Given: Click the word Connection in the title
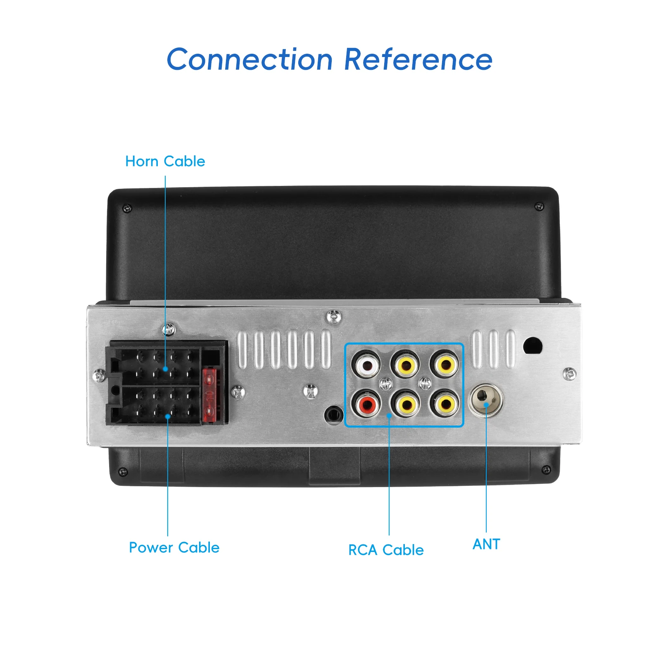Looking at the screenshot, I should tap(250, 59).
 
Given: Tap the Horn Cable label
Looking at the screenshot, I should tap(165, 161).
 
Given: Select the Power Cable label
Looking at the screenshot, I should tap(174, 547).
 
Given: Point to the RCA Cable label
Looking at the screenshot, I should tap(386, 550).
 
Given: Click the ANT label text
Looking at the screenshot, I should tap(486, 544).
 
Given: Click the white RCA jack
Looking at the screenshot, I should tap(366, 364).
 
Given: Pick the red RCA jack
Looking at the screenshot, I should tap(366, 404).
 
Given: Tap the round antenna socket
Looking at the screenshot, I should tap(485, 399).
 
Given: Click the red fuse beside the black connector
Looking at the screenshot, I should tap(209, 395).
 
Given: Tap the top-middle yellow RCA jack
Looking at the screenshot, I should tap(405, 364).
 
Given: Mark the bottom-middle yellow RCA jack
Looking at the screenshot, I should tap(405, 404).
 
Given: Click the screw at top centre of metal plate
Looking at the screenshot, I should tap(333, 317).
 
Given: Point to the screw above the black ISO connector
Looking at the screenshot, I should tap(168, 330).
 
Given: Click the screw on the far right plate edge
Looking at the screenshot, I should tap(569, 374).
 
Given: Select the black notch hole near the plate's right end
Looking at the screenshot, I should tap(533, 346).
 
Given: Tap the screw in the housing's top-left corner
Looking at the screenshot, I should tap(128, 208).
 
